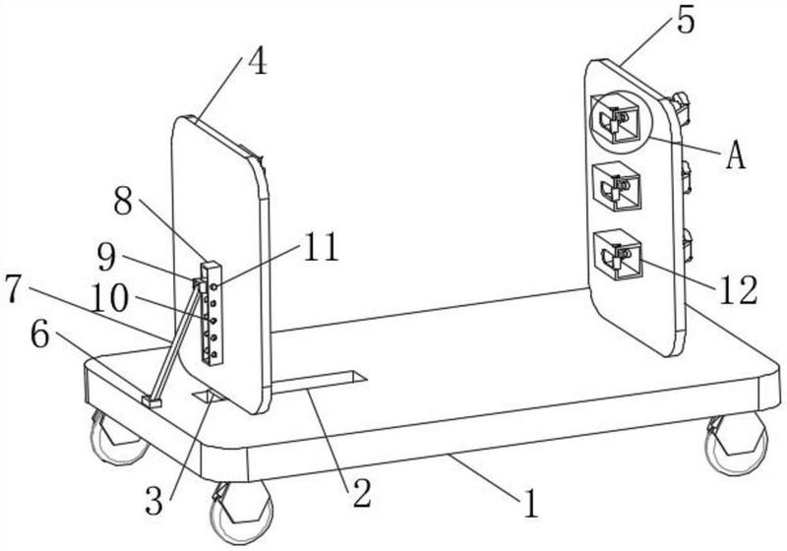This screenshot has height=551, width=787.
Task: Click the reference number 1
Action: coord(531,503)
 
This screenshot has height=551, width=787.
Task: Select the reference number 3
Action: coord(154,501)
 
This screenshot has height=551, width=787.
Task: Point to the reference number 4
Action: coord(258,63)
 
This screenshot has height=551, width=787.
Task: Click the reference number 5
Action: coord(686,21)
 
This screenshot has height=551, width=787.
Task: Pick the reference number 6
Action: coord(40,335)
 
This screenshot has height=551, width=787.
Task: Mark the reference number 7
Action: coord(14,289)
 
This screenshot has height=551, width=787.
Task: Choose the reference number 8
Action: coord(123,201)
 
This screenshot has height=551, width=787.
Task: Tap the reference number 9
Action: coord(106,258)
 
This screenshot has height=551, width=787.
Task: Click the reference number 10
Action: coord(110,298)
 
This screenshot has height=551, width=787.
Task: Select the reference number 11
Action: coord(322,247)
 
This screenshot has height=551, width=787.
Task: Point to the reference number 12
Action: coord(739,290)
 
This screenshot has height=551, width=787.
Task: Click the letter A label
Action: coord(735,154)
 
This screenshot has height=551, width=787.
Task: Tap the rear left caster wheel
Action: coord(118,437)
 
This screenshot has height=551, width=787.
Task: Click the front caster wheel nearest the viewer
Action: coord(241,513)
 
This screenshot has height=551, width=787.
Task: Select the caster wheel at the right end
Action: coord(736,444)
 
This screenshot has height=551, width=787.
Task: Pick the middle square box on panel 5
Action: coord(617,186)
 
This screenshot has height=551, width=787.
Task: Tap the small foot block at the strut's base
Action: coord(152,401)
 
